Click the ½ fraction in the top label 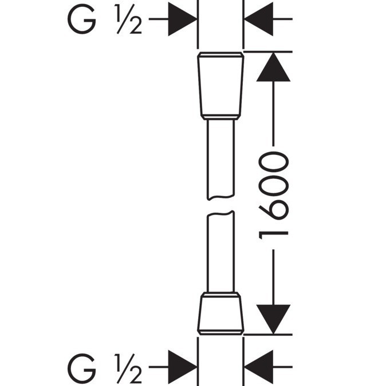click(x=128, y=19)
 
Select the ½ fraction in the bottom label click(x=128, y=368)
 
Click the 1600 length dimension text click(x=273, y=196)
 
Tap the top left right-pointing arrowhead click(x=183, y=19)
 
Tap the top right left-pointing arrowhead click(x=258, y=19)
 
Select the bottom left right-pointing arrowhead click(x=183, y=367)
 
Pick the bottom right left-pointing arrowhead click(x=258, y=367)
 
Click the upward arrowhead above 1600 click(x=273, y=67)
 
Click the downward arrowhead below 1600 click(x=273, y=319)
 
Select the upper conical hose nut click(x=220, y=86)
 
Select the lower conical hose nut click(x=220, y=313)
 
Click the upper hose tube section click(x=220, y=159)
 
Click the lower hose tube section click(x=220, y=252)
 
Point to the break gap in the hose click(x=220, y=205)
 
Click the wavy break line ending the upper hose click(x=220, y=197)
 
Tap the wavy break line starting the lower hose click(x=220, y=213)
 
